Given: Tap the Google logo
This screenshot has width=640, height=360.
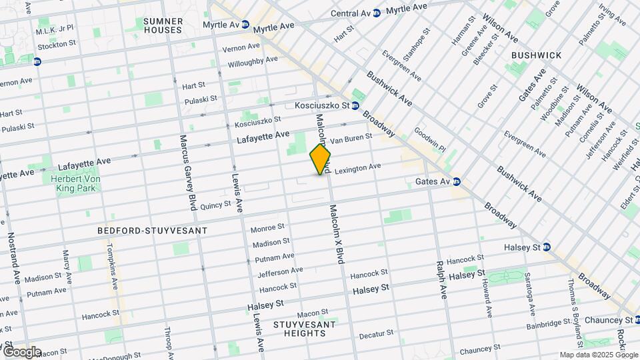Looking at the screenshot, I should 21,351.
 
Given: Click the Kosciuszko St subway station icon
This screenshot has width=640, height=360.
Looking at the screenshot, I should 355,105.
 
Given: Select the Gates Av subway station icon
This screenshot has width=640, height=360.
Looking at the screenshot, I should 457,181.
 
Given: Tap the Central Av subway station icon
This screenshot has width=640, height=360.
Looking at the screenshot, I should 377,13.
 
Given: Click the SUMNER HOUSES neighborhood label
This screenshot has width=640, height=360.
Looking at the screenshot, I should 163,25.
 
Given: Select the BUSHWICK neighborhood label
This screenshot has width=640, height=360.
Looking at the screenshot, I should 536,55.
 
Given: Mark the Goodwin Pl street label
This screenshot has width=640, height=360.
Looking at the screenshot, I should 429,141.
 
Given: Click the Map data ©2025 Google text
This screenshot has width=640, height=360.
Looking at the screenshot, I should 598,355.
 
